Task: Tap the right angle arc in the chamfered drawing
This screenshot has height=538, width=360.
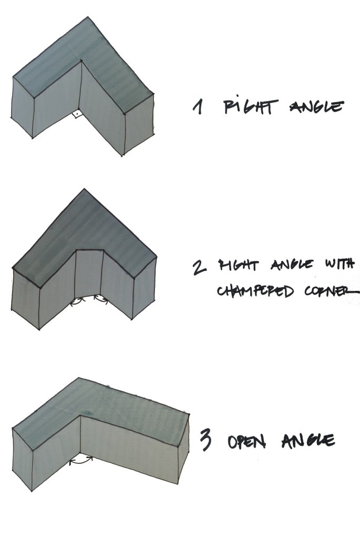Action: (100, 299)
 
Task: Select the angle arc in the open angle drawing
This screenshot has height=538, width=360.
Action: (81, 460)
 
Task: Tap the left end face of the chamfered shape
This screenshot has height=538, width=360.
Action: (25, 297)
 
